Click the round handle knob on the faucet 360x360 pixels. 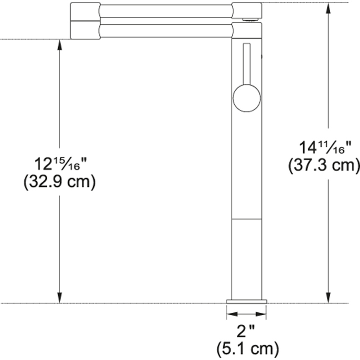tap(247, 98)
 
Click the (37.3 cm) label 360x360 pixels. tap(324, 165)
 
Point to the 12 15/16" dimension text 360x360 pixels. tap(60, 164)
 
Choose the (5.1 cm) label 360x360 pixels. tap(247, 349)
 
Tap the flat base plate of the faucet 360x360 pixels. tap(247, 301)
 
